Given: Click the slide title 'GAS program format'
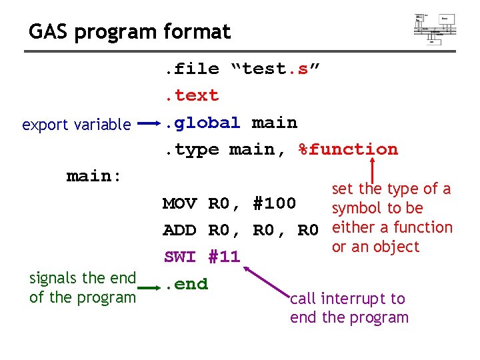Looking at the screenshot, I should point(129,31).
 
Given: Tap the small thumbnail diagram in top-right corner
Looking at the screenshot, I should point(435,27).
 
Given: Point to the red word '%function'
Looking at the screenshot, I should point(348,149).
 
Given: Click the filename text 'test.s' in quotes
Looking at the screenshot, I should point(275,69).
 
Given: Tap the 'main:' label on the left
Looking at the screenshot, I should point(94,176).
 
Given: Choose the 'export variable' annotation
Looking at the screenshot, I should point(76,125).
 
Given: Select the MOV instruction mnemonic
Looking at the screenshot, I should point(179,203).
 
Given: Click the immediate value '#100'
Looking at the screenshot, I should point(274,203).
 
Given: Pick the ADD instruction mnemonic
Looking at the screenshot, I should point(179,230).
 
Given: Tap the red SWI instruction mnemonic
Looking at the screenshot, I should point(179,257).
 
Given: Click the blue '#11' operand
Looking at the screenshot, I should point(223,257).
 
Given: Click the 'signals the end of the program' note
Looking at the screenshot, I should point(83,287).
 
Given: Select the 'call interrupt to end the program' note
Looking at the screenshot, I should point(349,307).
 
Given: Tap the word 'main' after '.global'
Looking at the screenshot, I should point(274,123).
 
